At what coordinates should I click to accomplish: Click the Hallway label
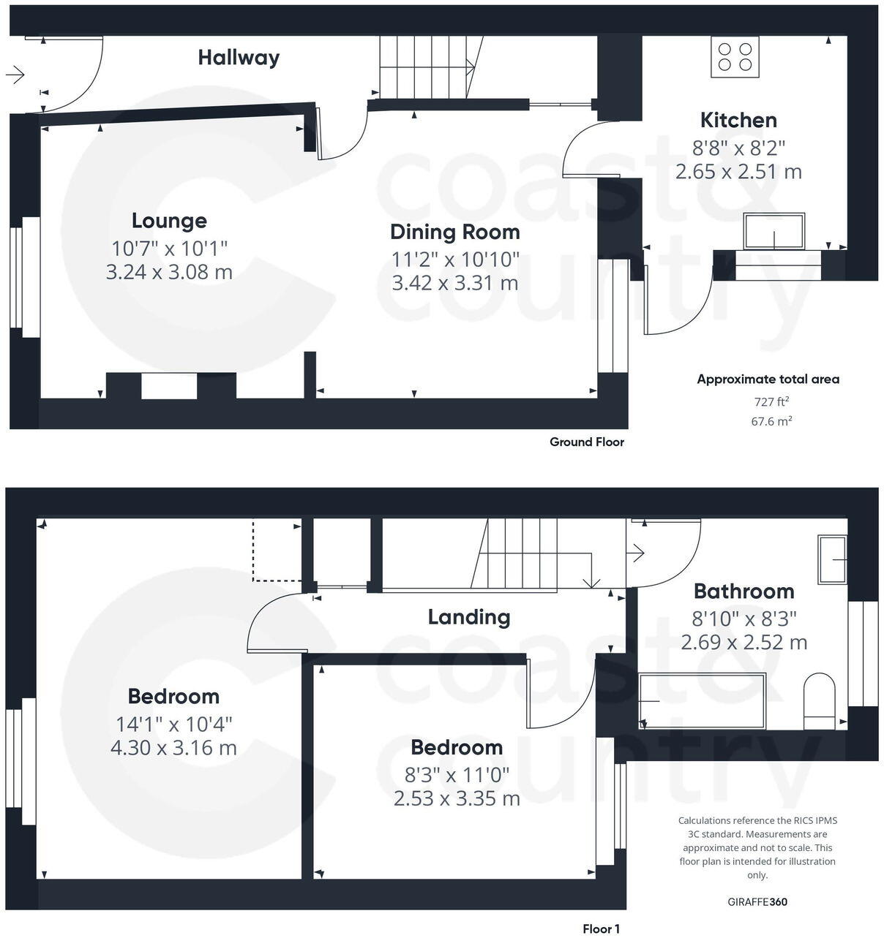[x=239, y=58]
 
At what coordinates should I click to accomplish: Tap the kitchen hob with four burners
[x=735, y=56]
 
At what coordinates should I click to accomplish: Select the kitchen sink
[x=774, y=231]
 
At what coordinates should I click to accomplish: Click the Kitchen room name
[x=738, y=120]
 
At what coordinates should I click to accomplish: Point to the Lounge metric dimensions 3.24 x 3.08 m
[x=169, y=272]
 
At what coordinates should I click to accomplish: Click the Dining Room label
[x=454, y=232]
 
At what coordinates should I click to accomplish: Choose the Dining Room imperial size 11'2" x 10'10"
[x=454, y=259]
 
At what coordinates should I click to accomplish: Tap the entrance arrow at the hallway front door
[x=15, y=74]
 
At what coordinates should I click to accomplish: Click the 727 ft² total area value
[x=771, y=401]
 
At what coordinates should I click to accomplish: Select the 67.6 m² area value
[x=771, y=421]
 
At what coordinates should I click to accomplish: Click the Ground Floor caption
[x=587, y=442]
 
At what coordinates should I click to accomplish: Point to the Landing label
[x=469, y=617]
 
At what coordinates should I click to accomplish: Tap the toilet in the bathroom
[x=819, y=700]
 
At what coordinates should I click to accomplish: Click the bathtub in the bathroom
[x=701, y=701]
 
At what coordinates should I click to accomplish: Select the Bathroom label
[x=743, y=591]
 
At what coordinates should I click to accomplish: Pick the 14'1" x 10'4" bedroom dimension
[x=173, y=725]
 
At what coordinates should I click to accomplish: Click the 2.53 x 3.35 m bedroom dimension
[x=457, y=798]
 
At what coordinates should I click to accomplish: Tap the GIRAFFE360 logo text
[x=757, y=902]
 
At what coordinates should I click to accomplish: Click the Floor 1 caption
[x=601, y=929]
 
